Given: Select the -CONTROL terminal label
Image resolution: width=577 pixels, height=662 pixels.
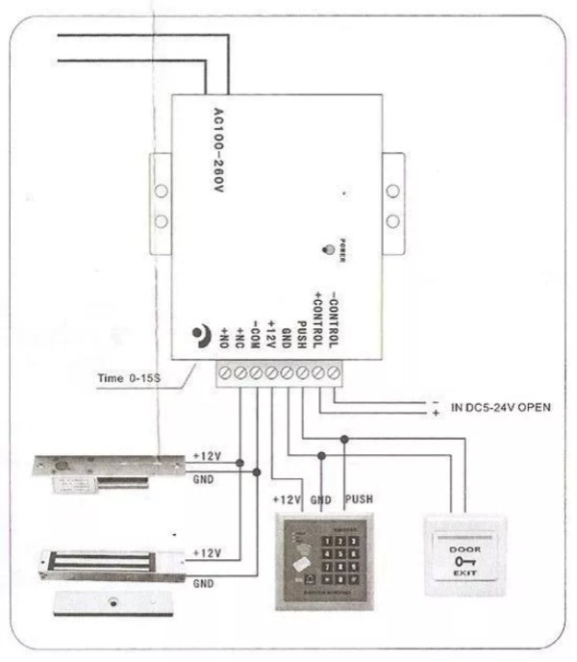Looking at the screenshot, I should coord(333,318).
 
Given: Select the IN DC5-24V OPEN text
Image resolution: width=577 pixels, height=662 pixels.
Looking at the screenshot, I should coord(500,407).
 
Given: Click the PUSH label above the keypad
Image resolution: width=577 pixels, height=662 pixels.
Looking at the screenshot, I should coord(358,499).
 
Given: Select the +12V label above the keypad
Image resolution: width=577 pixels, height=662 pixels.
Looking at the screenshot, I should coord(288,499).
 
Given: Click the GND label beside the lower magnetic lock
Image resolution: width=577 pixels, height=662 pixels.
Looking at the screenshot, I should coord(204,583).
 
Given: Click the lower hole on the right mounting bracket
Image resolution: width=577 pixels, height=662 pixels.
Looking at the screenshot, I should coord(392,221).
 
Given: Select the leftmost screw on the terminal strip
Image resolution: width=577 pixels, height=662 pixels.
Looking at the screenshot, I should coord(226,371).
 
